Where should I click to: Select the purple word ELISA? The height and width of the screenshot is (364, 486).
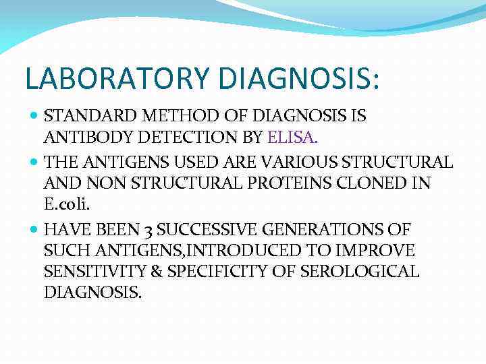292,138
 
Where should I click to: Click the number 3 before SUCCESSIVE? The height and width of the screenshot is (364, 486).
150,229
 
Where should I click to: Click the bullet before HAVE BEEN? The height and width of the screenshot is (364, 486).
35,229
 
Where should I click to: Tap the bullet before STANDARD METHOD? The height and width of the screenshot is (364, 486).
35,116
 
